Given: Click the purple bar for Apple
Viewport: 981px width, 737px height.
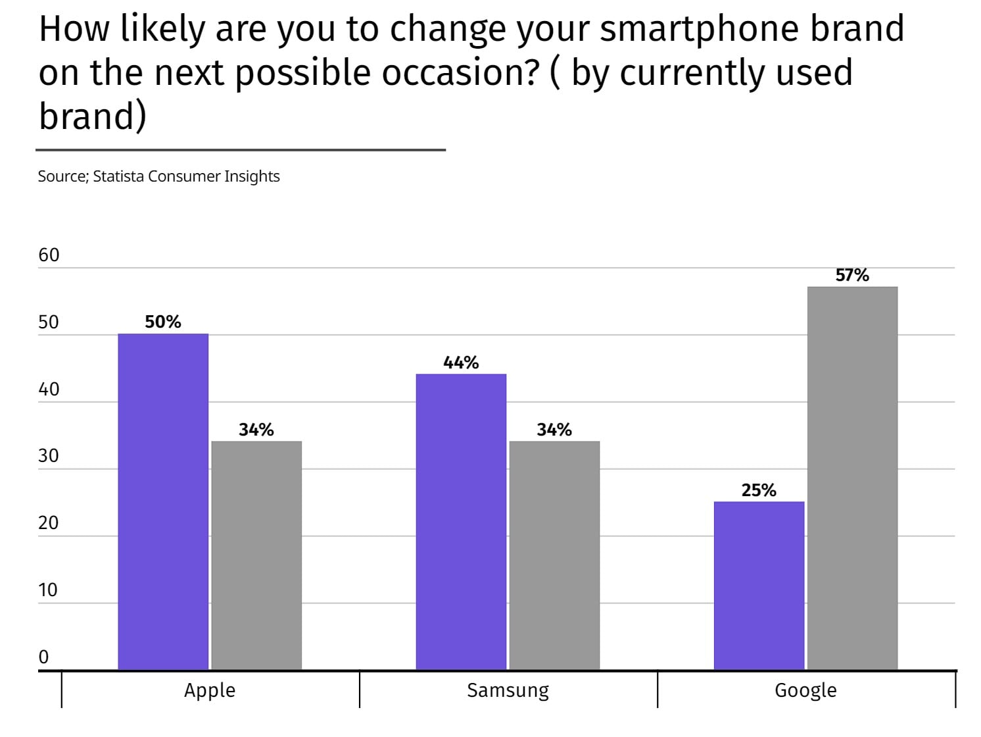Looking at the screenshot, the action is pyautogui.click(x=163, y=501).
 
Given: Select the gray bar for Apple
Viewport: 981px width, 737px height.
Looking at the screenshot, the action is pyautogui.click(x=256, y=555).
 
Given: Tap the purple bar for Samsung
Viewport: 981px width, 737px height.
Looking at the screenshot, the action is pyautogui.click(x=461, y=521).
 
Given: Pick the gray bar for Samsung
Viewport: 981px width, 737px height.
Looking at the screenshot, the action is pyautogui.click(x=555, y=555).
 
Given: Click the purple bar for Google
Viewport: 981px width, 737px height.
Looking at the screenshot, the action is pyautogui.click(x=759, y=586).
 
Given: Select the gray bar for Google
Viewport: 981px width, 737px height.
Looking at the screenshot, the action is pyautogui.click(x=852, y=478).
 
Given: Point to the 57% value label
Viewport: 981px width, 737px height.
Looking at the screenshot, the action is pyautogui.click(x=852, y=275).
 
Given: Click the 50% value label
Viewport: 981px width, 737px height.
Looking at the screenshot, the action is pyautogui.click(x=163, y=322).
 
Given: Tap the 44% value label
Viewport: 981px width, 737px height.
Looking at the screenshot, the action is pyautogui.click(x=461, y=362).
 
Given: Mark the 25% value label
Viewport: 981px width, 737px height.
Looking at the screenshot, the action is pyautogui.click(x=759, y=490).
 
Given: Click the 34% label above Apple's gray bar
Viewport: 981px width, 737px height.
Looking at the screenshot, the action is pyautogui.click(x=256, y=430).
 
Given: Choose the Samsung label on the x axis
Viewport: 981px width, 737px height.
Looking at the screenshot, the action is pyautogui.click(x=508, y=691).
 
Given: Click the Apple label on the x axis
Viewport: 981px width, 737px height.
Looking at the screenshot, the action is pyautogui.click(x=210, y=691).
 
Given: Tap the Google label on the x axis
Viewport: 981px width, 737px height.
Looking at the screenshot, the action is pyautogui.click(x=806, y=691).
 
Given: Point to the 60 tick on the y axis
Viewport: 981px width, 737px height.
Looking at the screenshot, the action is pyautogui.click(x=49, y=255).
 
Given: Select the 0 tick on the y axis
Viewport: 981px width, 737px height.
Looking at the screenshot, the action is pyautogui.click(x=43, y=657).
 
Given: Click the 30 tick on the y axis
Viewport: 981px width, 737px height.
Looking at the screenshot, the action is pyautogui.click(x=49, y=456).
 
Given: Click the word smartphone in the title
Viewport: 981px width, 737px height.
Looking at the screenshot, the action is pyautogui.click(x=699, y=30).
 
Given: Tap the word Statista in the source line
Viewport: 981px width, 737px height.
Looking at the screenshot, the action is pyautogui.click(x=118, y=176).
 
